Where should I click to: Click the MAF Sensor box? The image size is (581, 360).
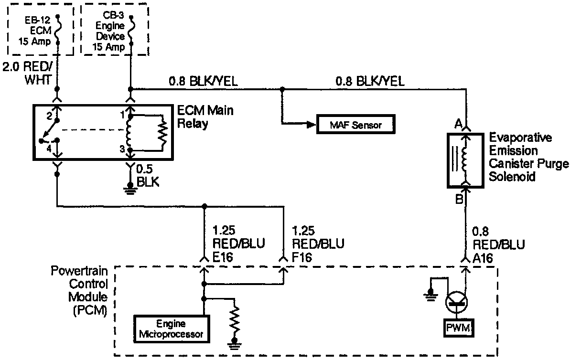click(x=355, y=124)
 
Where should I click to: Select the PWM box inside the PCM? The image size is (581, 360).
click(x=459, y=328)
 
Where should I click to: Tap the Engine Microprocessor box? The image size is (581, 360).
click(x=172, y=329)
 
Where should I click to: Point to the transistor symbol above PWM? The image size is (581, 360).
click(x=456, y=302)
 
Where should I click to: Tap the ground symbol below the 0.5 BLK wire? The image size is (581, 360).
click(x=130, y=189)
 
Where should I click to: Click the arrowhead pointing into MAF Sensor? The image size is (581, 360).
click(x=311, y=125)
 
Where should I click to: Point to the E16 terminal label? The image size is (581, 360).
click(x=223, y=257)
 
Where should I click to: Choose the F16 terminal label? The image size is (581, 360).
click(x=301, y=257)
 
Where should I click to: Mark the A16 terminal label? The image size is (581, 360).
click(x=483, y=258)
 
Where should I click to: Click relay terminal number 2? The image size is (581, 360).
click(x=49, y=116)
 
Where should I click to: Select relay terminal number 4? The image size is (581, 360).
click(x=49, y=149)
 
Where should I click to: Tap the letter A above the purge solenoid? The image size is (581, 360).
click(x=459, y=124)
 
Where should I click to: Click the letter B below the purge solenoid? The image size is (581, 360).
click(x=459, y=199)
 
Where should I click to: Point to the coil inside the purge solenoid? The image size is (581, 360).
click(x=464, y=159)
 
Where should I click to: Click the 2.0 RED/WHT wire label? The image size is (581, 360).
click(x=27, y=73)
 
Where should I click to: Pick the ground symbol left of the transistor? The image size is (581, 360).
click(x=430, y=295)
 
